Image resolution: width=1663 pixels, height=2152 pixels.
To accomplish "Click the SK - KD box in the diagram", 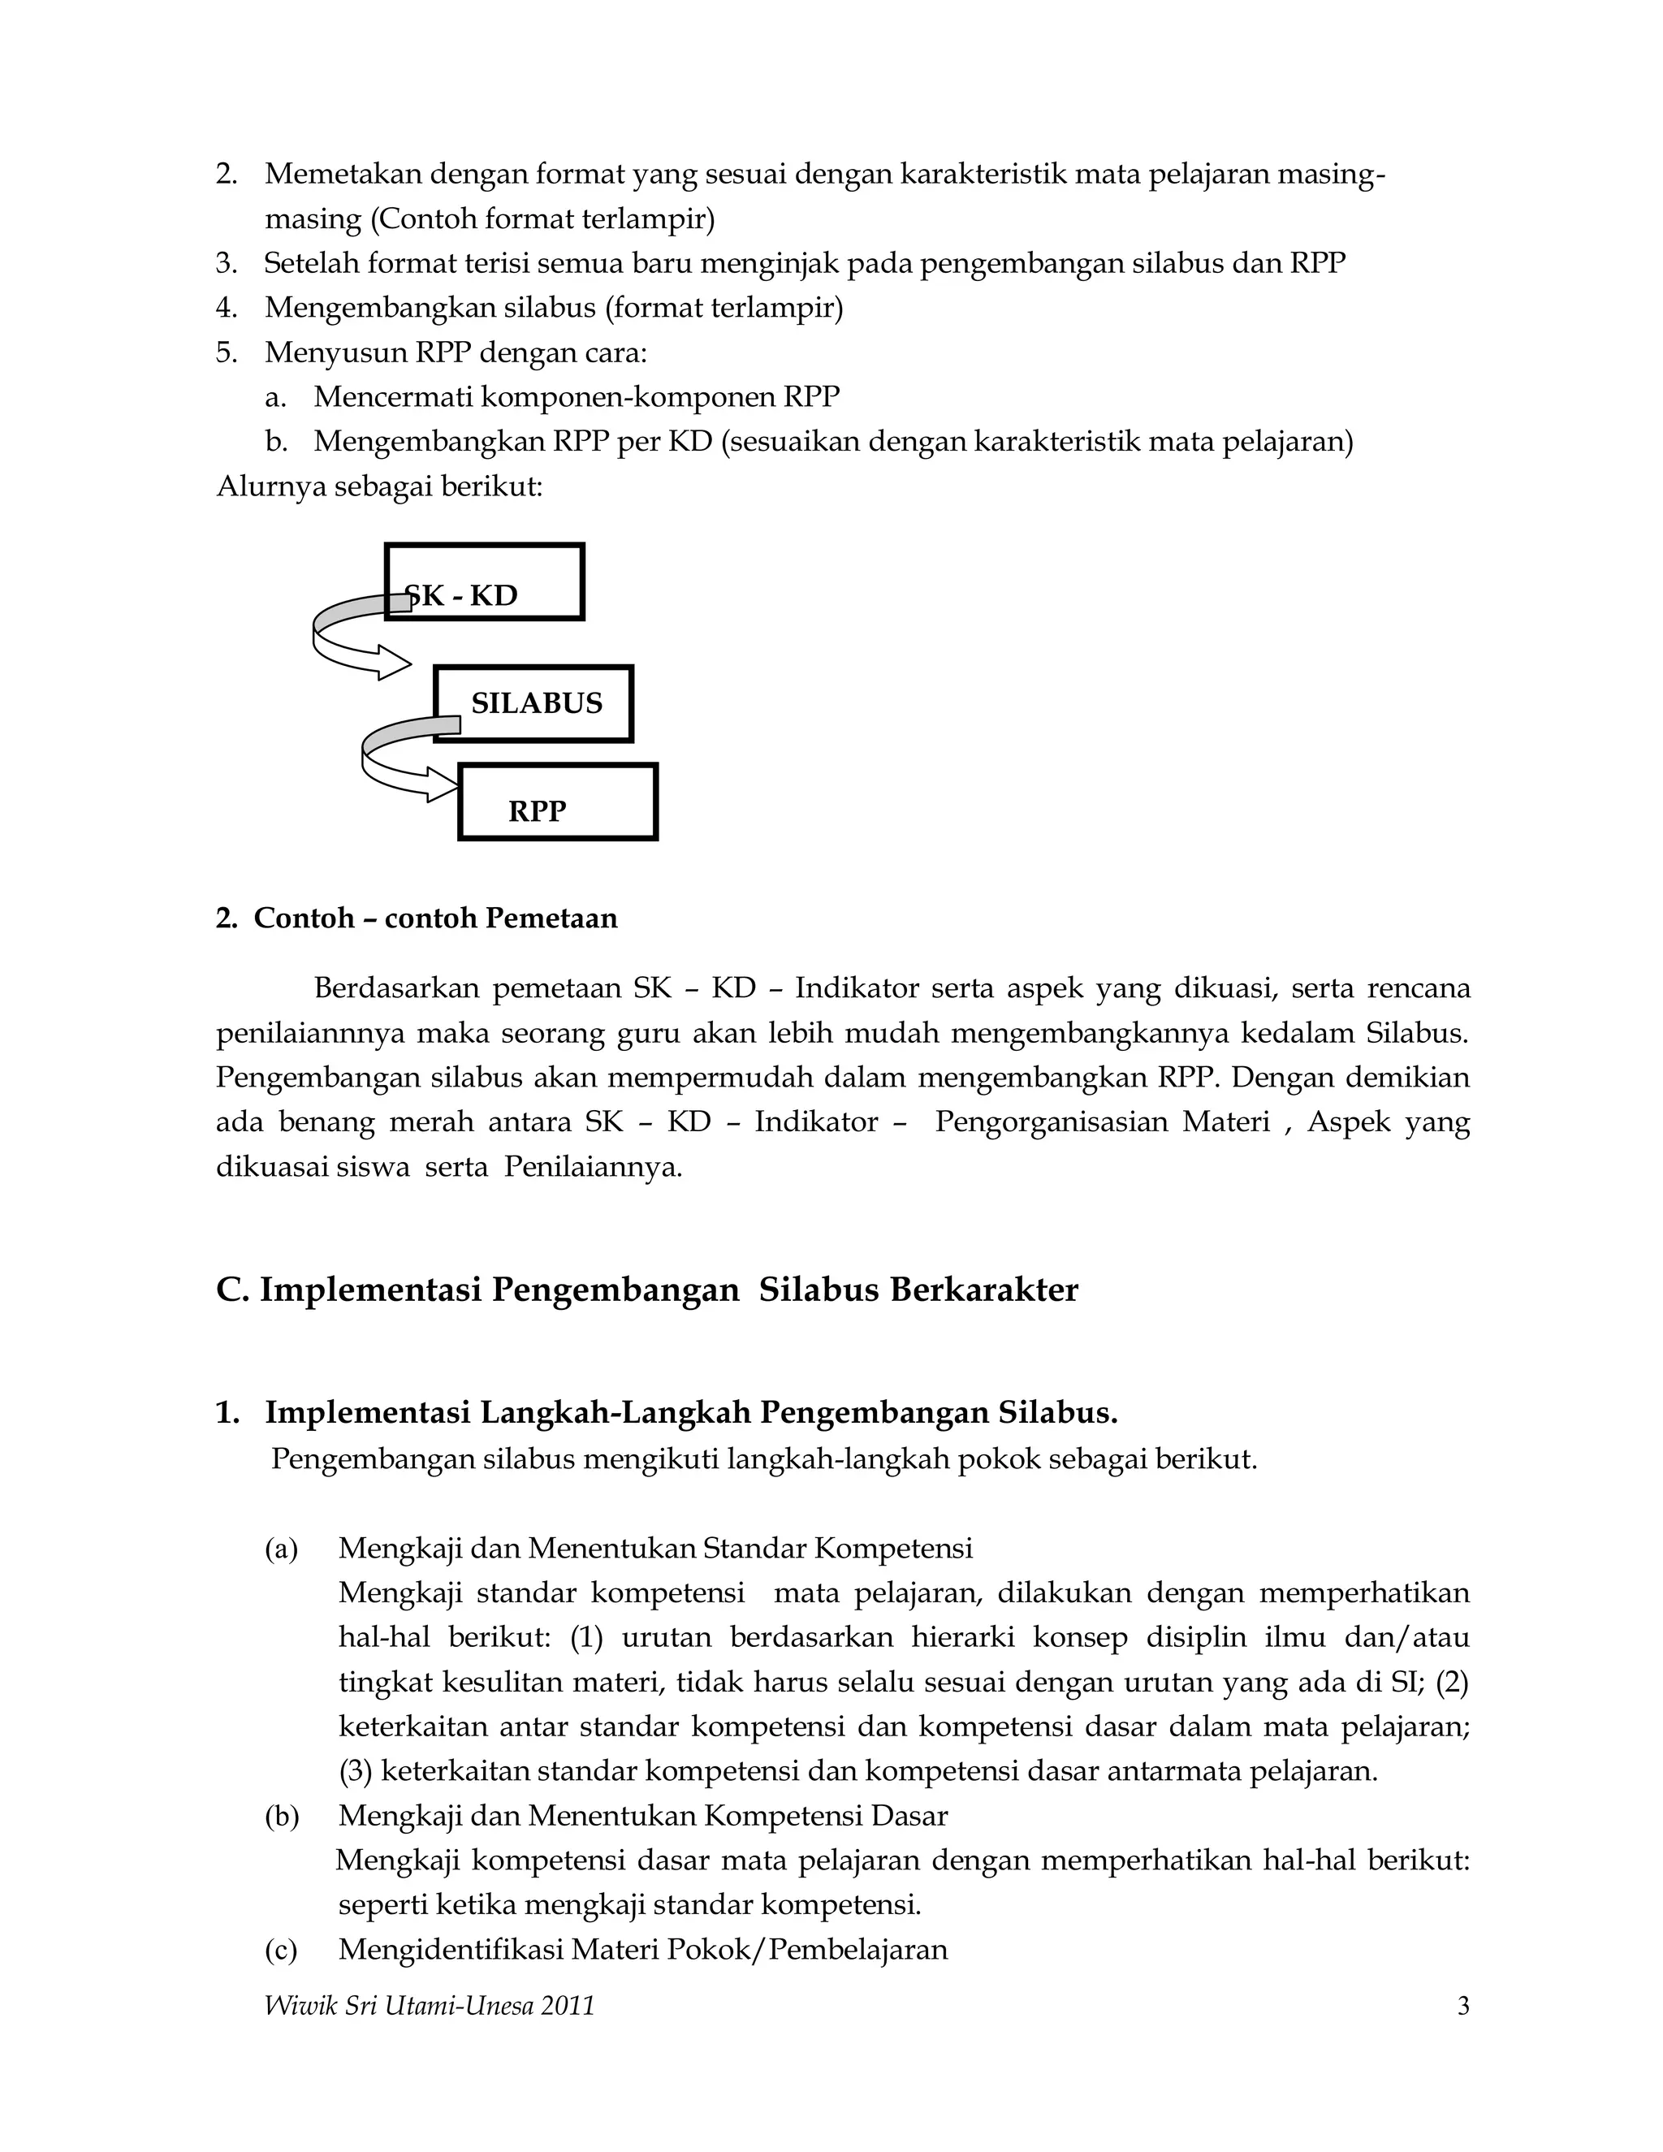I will click(x=485, y=581).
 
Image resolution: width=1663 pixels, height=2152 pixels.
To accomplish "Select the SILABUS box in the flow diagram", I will click(x=534, y=703).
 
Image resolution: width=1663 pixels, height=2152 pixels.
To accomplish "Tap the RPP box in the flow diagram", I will click(x=558, y=802).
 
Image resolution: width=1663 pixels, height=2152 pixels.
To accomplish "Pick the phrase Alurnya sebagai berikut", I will click(x=379, y=486).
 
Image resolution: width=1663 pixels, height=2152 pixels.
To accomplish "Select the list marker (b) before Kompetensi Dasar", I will click(x=281, y=1816).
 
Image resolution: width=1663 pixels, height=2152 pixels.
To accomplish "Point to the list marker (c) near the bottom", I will click(x=281, y=1950).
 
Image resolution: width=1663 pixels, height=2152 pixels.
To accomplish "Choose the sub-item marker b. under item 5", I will click(x=276, y=442).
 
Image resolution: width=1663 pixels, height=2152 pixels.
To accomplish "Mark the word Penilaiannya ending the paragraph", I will click(x=593, y=1168).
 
